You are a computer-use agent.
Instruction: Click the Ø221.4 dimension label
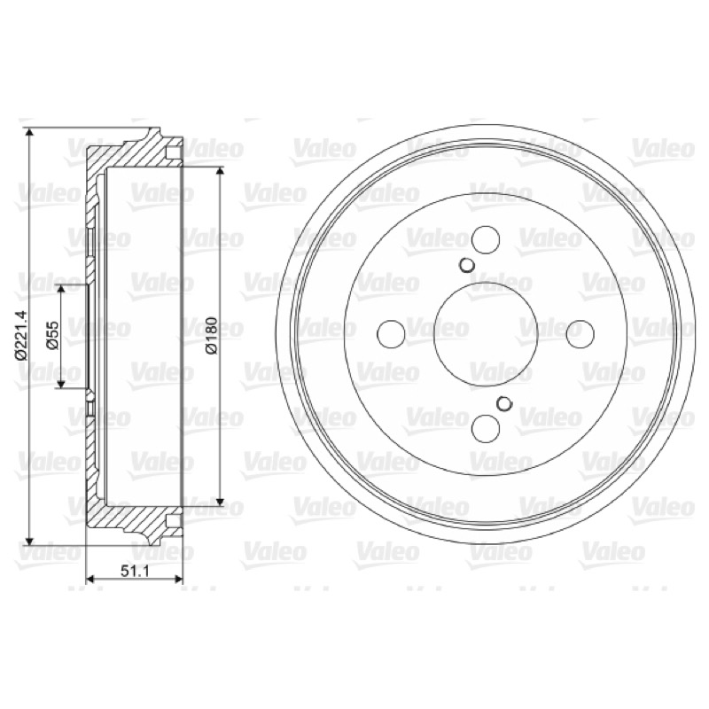pyautogui.click(x=21, y=335)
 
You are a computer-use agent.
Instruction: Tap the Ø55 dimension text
pyautogui.click(x=53, y=335)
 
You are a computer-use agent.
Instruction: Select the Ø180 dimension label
pyautogui.click(x=212, y=335)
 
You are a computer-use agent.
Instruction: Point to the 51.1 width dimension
pyautogui.click(x=135, y=571)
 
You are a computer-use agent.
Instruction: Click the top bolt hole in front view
pyautogui.click(x=486, y=238)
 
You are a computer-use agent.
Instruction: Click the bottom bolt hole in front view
pyautogui.click(x=486, y=428)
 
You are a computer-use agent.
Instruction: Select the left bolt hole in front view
pyautogui.click(x=391, y=334)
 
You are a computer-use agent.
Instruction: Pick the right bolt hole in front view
pyautogui.click(x=580, y=334)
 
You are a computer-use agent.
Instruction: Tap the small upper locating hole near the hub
pyautogui.click(x=466, y=265)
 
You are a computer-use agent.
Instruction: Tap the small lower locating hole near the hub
pyautogui.click(x=503, y=403)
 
